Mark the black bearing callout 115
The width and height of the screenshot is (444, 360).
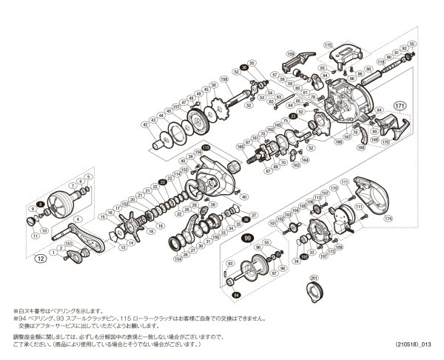(207, 149)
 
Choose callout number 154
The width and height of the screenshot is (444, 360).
(178, 260)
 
